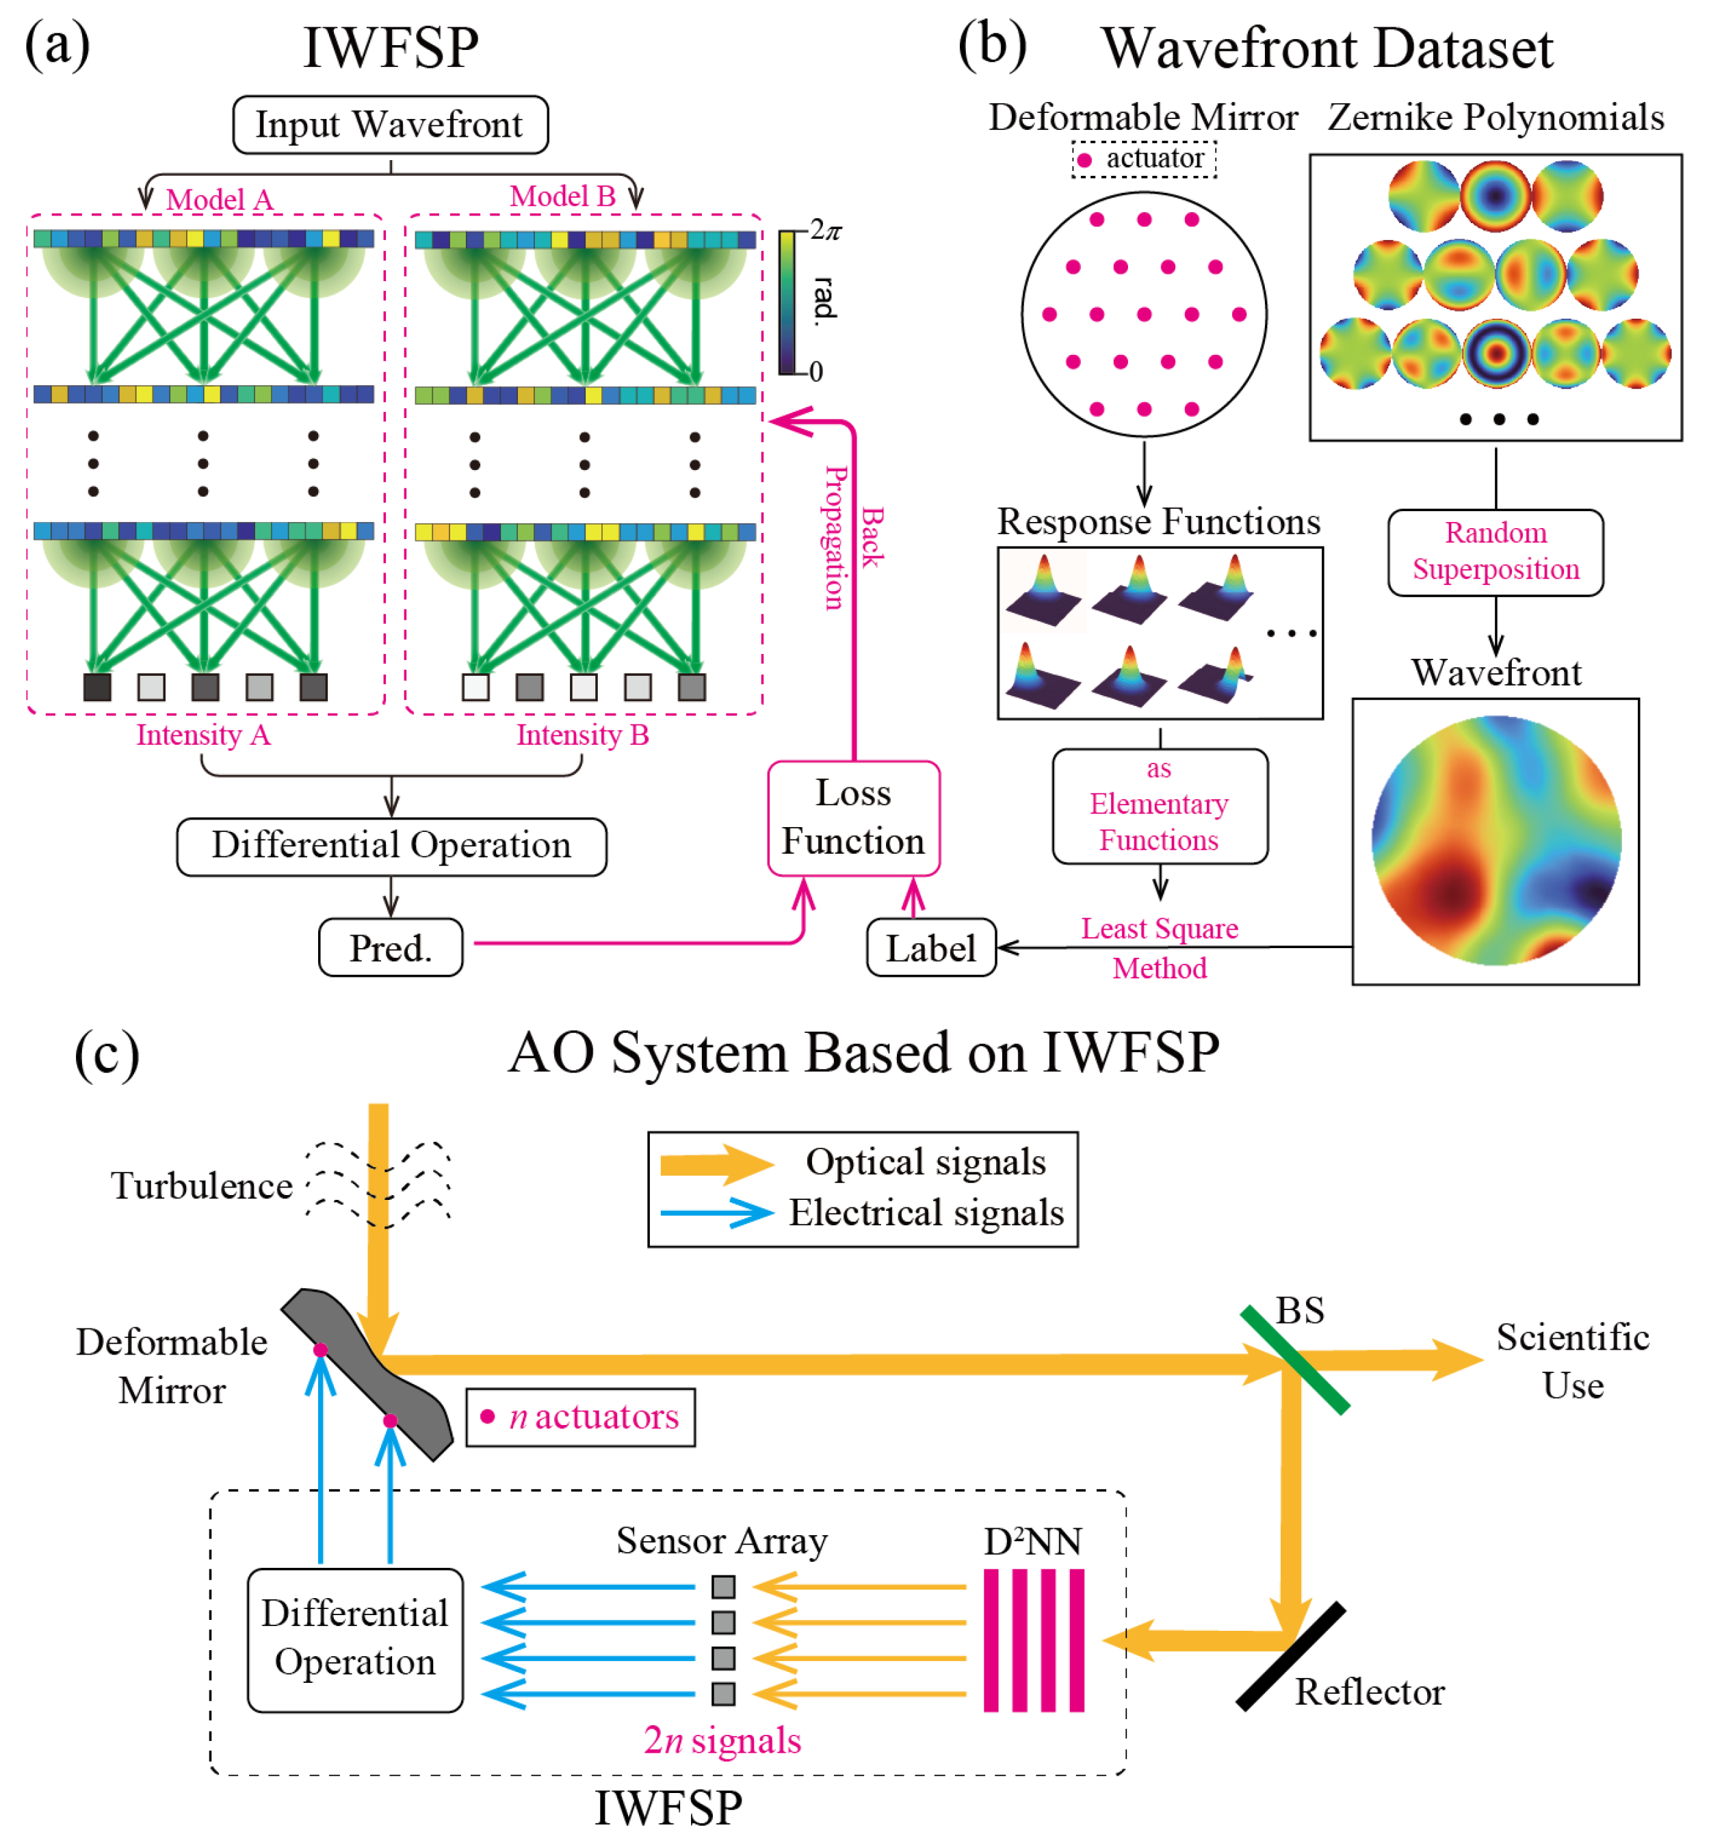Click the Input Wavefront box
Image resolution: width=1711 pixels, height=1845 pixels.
(x=390, y=124)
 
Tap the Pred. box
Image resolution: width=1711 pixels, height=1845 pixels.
(x=390, y=947)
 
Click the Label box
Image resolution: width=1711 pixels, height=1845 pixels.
(x=930, y=947)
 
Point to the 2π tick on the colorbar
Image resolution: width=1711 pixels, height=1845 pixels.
(x=823, y=230)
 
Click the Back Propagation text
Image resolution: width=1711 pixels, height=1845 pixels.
(x=852, y=537)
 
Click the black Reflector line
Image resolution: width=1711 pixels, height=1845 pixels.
(x=1290, y=1656)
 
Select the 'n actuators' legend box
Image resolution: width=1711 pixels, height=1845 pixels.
(x=579, y=1416)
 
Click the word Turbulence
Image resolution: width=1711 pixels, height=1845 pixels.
(x=201, y=1185)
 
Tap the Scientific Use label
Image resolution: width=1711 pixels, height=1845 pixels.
(x=1572, y=1361)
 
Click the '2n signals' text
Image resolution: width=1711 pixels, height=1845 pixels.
(x=722, y=1740)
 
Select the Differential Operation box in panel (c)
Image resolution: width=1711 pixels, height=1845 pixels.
(x=354, y=1638)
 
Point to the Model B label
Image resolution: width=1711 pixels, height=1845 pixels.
(x=562, y=196)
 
